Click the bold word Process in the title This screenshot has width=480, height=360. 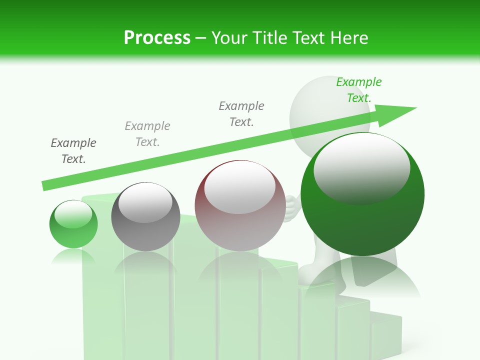click(157, 38)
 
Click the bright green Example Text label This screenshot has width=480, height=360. click(359, 90)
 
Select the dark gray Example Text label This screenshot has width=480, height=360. click(73, 151)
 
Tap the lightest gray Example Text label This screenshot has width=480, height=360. click(147, 134)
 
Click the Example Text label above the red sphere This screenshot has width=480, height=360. click(241, 114)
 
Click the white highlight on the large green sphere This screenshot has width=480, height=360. click(361, 167)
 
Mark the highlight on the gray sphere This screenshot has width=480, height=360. click(145, 202)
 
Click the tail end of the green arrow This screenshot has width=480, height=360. click(46, 185)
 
